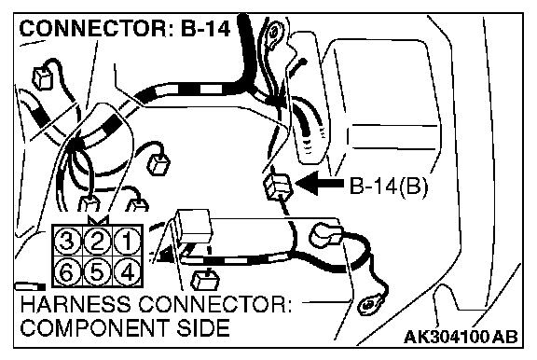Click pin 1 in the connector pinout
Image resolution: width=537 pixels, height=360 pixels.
pyautogui.click(x=128, y=241)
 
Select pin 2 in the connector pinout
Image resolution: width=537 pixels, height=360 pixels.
pyautogui.click(x=97, y=241)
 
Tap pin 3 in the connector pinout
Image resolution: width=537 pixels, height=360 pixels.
pyautogui.click(x=67, y=241)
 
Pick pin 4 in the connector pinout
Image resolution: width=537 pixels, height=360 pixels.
pyautogui.click(x=128, y=272)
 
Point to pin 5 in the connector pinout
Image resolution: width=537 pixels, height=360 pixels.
pyautogui.click(x=97, y=272)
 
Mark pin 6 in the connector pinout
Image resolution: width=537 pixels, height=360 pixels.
pyautogui.click(x=67, y=272)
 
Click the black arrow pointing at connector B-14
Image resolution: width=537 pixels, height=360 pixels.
pyautogui.click(x=319, y=183)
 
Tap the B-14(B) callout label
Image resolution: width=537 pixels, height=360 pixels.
pyautogui.click(x=389, y=187)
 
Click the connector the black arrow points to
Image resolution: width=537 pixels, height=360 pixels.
pyautogui.click(x=278, y=187)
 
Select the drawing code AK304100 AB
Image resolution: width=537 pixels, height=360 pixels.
pyautogui.click(x=461, y=337)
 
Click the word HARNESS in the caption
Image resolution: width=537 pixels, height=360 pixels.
pyautogui.click(x=76, y=304)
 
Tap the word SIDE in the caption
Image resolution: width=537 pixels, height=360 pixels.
pyautogui.click(x=202, y=327)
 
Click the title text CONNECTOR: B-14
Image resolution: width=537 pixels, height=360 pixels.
pyautogui.click(x=125, y=28)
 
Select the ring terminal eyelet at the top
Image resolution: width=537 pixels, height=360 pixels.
pyautogui.click(x=274, y=34)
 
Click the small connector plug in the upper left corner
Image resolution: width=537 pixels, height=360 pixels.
pyautogui.click(x=44, y=77)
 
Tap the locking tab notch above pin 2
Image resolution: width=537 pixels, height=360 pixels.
pyautogui.click(x=98, y=220)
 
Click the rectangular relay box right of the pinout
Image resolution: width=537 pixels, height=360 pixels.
pyautogui.click(x=194, y=226)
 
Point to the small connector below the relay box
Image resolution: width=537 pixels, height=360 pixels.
pyautogui.click(x=205, y=280)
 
